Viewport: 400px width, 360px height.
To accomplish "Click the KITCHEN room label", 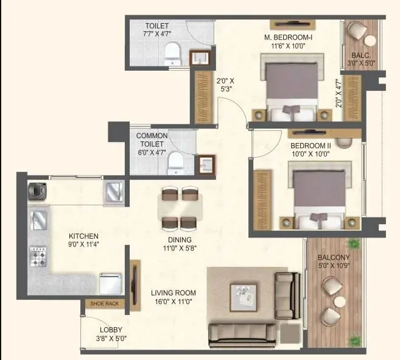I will pos(83,236).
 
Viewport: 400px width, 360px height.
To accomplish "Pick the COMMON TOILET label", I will pos(152,139).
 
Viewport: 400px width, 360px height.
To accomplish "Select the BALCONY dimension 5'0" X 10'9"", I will pos(334,266).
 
